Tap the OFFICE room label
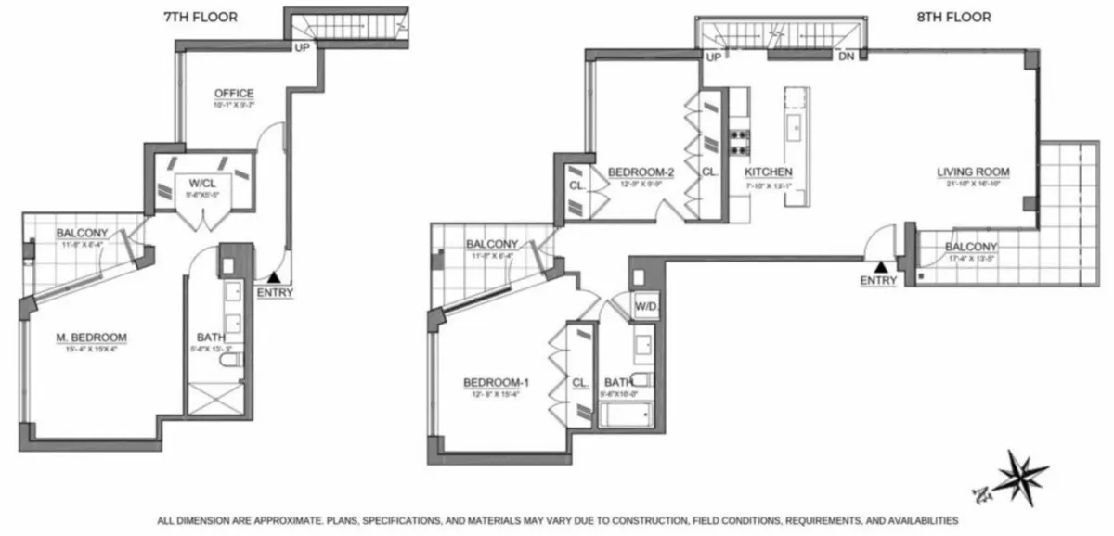coord(234,93)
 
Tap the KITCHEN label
coord(769,172)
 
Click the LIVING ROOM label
coord(972,172)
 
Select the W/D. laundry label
coord(646,306)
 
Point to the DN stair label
coord(846,57)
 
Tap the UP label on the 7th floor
coord(302,46)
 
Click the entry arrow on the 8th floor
coord(878,266)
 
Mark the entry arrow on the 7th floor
coord(273,276)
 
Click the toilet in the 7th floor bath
coord(234,360)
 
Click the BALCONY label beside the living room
coord(971,247)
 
